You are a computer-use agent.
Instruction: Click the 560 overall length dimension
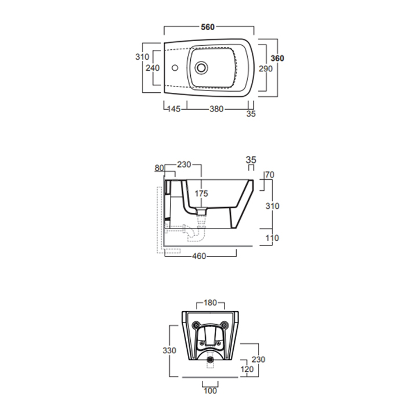pyautogui.click(x=208, y=27)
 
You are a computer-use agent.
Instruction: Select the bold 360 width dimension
pyautogui.click(x=277, y=58)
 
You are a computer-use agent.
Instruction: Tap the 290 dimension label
pyautogui.click(x=266, y=68)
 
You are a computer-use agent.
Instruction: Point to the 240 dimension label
pyautogui.click(x=153, y=68)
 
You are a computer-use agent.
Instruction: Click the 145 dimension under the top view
pyautogui.click(x=174, y=109)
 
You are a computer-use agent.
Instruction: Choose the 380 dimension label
pyautogui.click(x=216, y=109)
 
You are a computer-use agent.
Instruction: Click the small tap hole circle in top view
pyautogui.click(x=175, y=68)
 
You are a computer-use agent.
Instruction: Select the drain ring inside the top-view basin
pyautogui.click(x=201, y=68)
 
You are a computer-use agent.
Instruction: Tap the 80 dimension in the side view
pyautogui.click(x=159, y=168)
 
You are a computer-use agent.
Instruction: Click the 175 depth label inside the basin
pyautogui.click(x=201, y=193)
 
